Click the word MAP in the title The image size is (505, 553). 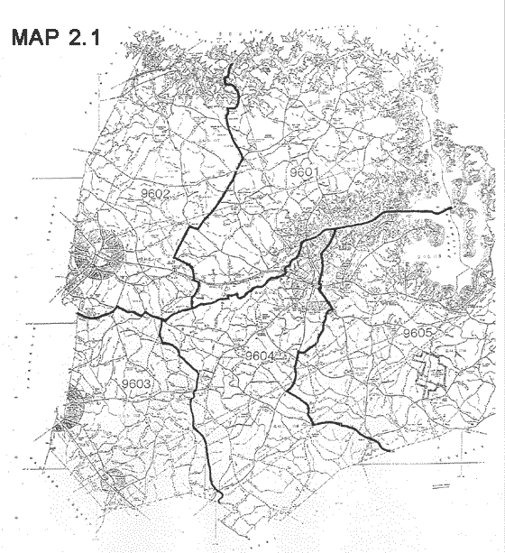pyautogui.click(x=39, y=40)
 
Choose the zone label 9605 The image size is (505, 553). pyautogui.click(x=418, y=334)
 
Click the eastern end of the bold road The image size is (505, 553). pyautogui.click(x=450, y=208)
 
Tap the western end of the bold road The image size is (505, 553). pyautogui.click(x=78, y=317)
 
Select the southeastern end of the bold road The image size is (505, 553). pyautogui.click(x=389, y=448)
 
